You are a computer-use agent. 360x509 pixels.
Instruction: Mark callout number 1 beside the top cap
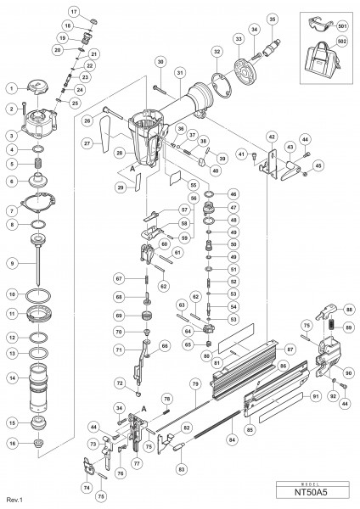tap(10, 87)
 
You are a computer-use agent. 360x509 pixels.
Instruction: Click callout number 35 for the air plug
tap(272, 19)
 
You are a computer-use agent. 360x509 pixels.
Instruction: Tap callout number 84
tap(234, 439)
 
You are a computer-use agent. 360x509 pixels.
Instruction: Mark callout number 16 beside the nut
tap(10, 442)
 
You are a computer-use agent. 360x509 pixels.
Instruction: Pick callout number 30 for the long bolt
tap(160, 62)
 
